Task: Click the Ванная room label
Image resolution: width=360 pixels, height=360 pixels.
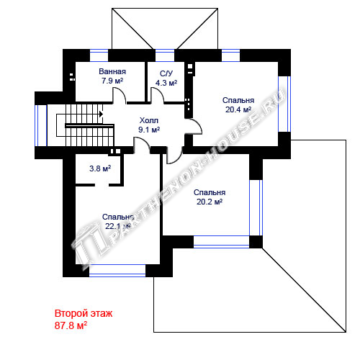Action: pyautogui.click(x=112, y=71)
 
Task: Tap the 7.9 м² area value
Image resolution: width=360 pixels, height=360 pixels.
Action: pyautogui.click(x=112, y=81)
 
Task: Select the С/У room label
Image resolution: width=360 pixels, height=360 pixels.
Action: pyautogui.click(x=166, y=73)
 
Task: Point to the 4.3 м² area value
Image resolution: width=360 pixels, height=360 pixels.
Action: pyautogui.click(x=166, y=83)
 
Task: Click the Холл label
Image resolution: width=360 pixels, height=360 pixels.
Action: pyautogui.click(x=149, y=120)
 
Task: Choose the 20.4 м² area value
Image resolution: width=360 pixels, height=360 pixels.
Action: pyautogui.click(x=238, y=109)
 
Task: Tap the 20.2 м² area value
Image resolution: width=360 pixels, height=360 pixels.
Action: pyautogui.click(x=210, y=202)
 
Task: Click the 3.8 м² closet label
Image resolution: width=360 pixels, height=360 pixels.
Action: pyautogui.click(x=100, y=168)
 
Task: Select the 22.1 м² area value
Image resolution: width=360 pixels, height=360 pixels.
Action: pyautogui.click(x=117, y=226)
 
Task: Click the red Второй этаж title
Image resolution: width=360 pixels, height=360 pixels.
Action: pyautogui.click(x=84, y=313)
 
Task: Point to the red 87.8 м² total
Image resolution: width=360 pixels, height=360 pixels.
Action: pyautogui.click(x=71, y=325)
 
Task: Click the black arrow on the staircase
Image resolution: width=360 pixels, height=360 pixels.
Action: pyautogui.click(x=102, y=114)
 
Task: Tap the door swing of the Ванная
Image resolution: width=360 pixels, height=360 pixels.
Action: pyautogui.click(x=120, y=96)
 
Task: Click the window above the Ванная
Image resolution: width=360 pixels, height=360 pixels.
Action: pyautogui.click(x=99, y=55)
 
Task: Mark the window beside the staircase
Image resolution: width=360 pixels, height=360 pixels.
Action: pyautogui.click(x=41, y=125)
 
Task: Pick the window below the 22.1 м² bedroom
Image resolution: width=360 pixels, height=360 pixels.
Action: pyautogui.click(x=117, y=271)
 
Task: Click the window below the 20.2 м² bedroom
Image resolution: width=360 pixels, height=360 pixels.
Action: pyautogui.click(x=221, y=242)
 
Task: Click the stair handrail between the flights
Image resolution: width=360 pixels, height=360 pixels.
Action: pyautogui.click(x=89, y=125)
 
